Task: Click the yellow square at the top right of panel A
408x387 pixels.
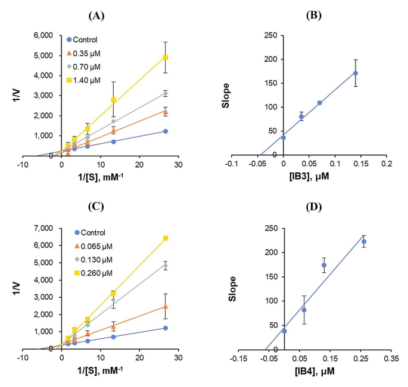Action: (x=166, y=58)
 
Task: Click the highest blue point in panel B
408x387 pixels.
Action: (x=356, y=73)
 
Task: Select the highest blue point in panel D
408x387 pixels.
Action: (x=364, y=241)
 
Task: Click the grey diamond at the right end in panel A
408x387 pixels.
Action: (x=166, y=94)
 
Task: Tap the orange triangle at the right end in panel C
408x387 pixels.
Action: (x=166, y=307)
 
